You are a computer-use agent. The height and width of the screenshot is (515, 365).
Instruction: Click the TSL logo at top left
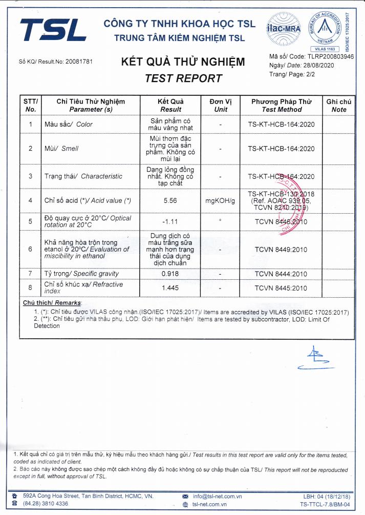(x=53, y=30)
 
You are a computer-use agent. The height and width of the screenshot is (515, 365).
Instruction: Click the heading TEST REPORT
(x=183, y=78)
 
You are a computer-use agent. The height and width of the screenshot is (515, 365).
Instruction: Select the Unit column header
(x=221, y=106)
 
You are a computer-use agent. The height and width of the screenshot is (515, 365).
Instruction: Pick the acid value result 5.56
(x=170, y=201)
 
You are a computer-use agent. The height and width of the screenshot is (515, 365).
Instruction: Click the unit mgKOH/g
(x=221, y=201)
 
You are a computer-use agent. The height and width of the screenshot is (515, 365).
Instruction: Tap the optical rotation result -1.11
(x=170, y=221)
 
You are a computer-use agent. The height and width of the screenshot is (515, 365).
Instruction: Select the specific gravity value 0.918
(x=170, y=274)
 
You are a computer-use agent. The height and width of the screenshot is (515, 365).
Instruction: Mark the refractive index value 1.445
(x=170, y=288)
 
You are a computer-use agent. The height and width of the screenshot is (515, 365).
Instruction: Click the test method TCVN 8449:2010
(x=281, y=250)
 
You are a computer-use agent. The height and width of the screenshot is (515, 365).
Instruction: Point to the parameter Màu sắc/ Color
(x=69, y=125)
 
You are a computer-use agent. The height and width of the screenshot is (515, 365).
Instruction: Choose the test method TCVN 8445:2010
(x=281, y=288)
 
